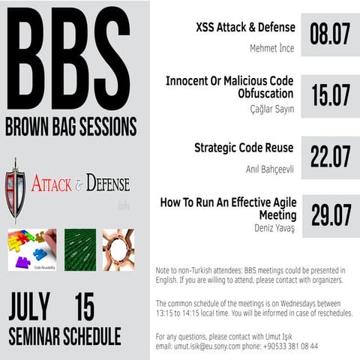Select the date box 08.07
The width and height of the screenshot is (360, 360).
coord(331,34)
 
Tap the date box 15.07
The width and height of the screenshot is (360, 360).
coord(331,96)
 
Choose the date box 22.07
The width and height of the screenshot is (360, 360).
coord(331,157)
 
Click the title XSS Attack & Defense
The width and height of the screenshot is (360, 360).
coord(245,28)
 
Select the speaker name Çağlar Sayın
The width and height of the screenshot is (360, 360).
coord(271,109)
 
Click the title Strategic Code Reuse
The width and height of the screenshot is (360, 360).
coord(244,148)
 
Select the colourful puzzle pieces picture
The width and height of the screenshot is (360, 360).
coord(31,250)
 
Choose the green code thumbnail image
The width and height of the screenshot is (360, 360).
coord(79,250)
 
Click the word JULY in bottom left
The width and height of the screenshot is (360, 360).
coord(29,307)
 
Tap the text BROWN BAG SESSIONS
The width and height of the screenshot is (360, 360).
coord(71,125)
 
